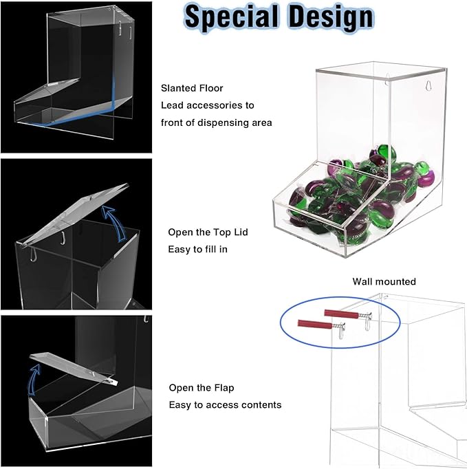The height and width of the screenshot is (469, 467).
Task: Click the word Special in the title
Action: click(231, 17)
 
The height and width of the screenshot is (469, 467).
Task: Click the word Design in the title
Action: click(332, 17)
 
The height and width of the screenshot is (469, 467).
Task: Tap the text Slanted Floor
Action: click(192, 88)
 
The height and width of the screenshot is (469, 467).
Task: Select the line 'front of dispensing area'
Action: click(216, 122)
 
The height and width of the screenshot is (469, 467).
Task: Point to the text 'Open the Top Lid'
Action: click(208, 232)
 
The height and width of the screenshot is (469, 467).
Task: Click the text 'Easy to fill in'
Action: click(197, 249)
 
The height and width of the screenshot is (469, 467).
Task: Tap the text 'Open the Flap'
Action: click(202, 388)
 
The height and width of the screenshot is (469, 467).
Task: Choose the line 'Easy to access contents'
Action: click(226, 404)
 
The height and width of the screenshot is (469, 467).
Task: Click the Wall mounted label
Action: click(384, 281)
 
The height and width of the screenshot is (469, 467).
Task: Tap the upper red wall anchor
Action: click(341, 314)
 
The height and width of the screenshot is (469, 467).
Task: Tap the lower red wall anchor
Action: click(314, 324)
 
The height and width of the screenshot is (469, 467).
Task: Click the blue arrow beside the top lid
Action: click(115, 223)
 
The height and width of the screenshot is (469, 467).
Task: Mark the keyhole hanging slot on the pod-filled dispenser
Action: click(428, 85)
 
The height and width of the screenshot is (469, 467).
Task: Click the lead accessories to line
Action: click(207, 105)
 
